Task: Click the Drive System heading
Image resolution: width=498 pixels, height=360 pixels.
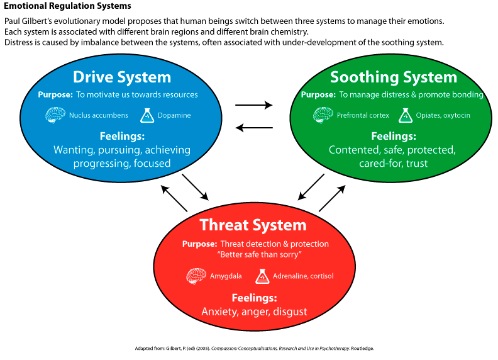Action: click(122, 77)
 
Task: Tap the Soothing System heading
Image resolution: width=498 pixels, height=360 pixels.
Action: click(394, 77)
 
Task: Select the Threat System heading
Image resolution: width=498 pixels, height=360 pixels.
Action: click(253, 225)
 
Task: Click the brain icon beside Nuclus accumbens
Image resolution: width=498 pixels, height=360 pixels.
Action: click(55, 115)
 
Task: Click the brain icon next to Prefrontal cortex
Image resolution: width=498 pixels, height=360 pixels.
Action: click(323, 115)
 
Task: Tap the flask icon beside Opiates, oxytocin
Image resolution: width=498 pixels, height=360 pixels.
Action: click(406, 115)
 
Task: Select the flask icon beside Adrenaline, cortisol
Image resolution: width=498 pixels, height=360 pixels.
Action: click(262, 276)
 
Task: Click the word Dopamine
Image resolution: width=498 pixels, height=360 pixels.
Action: click(174, 116)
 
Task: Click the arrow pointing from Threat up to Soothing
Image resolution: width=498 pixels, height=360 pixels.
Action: click(333, 198)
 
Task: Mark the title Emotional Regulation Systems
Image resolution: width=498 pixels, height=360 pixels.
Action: click(68, 6)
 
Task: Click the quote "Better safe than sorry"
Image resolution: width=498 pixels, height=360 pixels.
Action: click(255, 254)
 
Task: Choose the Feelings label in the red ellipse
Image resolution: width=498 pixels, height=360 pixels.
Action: click(253, 298)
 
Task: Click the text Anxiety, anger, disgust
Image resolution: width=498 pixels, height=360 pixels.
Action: click(254, 312)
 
